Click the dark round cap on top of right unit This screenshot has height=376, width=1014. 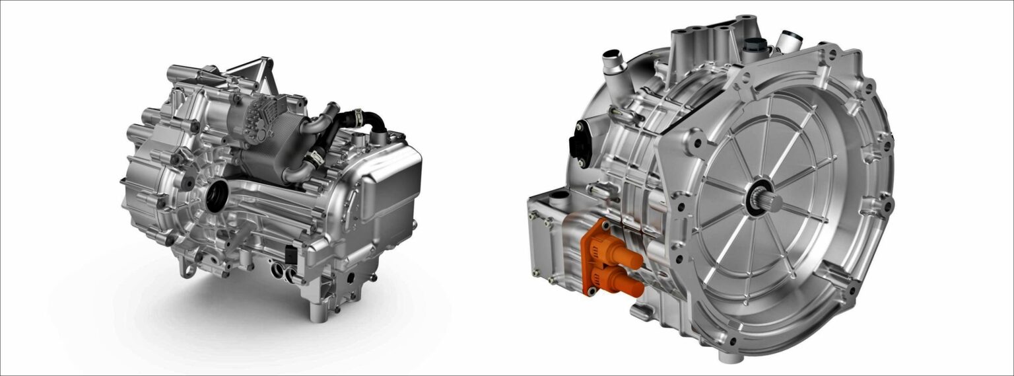pos(755,46)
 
